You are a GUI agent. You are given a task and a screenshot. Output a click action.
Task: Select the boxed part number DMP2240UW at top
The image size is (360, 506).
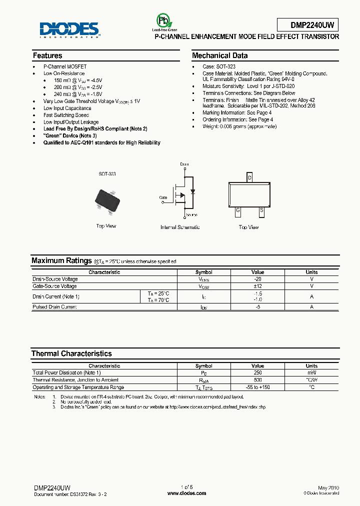307,25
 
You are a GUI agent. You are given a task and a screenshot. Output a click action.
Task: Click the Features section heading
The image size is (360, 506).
47,55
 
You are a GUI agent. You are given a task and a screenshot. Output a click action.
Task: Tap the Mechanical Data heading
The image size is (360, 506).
219,55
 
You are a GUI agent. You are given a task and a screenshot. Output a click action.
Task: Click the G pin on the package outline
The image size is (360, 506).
238,210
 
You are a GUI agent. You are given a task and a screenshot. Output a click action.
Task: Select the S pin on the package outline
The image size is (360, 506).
261,210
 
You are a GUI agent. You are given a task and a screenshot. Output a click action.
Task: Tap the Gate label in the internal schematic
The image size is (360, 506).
163,197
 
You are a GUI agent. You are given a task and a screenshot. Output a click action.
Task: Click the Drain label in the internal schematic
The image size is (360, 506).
184,164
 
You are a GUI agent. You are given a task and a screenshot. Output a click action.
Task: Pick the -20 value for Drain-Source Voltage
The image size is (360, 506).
257,279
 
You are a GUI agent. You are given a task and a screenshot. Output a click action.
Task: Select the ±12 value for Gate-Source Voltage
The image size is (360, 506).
257,286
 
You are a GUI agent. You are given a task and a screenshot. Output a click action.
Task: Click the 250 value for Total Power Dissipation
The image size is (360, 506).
257,373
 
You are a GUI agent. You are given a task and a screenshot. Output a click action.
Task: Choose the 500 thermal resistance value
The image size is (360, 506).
257,380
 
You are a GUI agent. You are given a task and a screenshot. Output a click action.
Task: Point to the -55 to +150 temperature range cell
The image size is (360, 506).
257,387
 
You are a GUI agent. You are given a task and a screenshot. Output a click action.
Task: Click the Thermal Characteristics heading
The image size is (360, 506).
71,353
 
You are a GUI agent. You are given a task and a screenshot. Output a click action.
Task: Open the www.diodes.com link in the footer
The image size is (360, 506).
186,493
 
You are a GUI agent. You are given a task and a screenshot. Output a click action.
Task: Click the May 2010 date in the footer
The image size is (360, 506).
328,487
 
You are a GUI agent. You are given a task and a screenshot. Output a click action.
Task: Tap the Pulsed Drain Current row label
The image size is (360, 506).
54,306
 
